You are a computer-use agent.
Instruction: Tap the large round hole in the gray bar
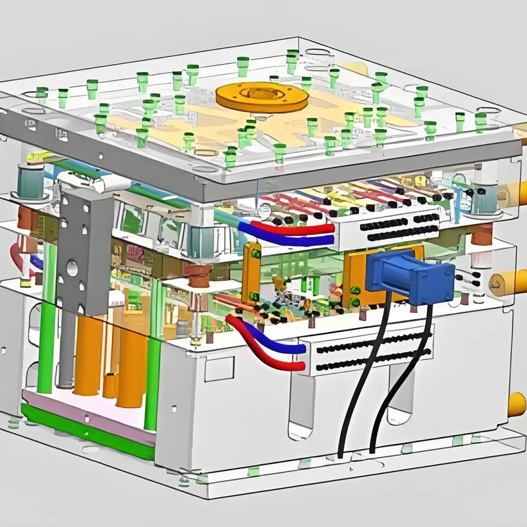tap(73, 269)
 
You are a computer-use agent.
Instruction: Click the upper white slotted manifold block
tap(385, 227)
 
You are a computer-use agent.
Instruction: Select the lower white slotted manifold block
tap(369, 352)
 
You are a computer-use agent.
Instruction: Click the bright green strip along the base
tap(86, 431)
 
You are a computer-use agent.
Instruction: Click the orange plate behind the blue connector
tap(356, 277)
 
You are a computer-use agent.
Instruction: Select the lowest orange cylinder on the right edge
tap(518, 403)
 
